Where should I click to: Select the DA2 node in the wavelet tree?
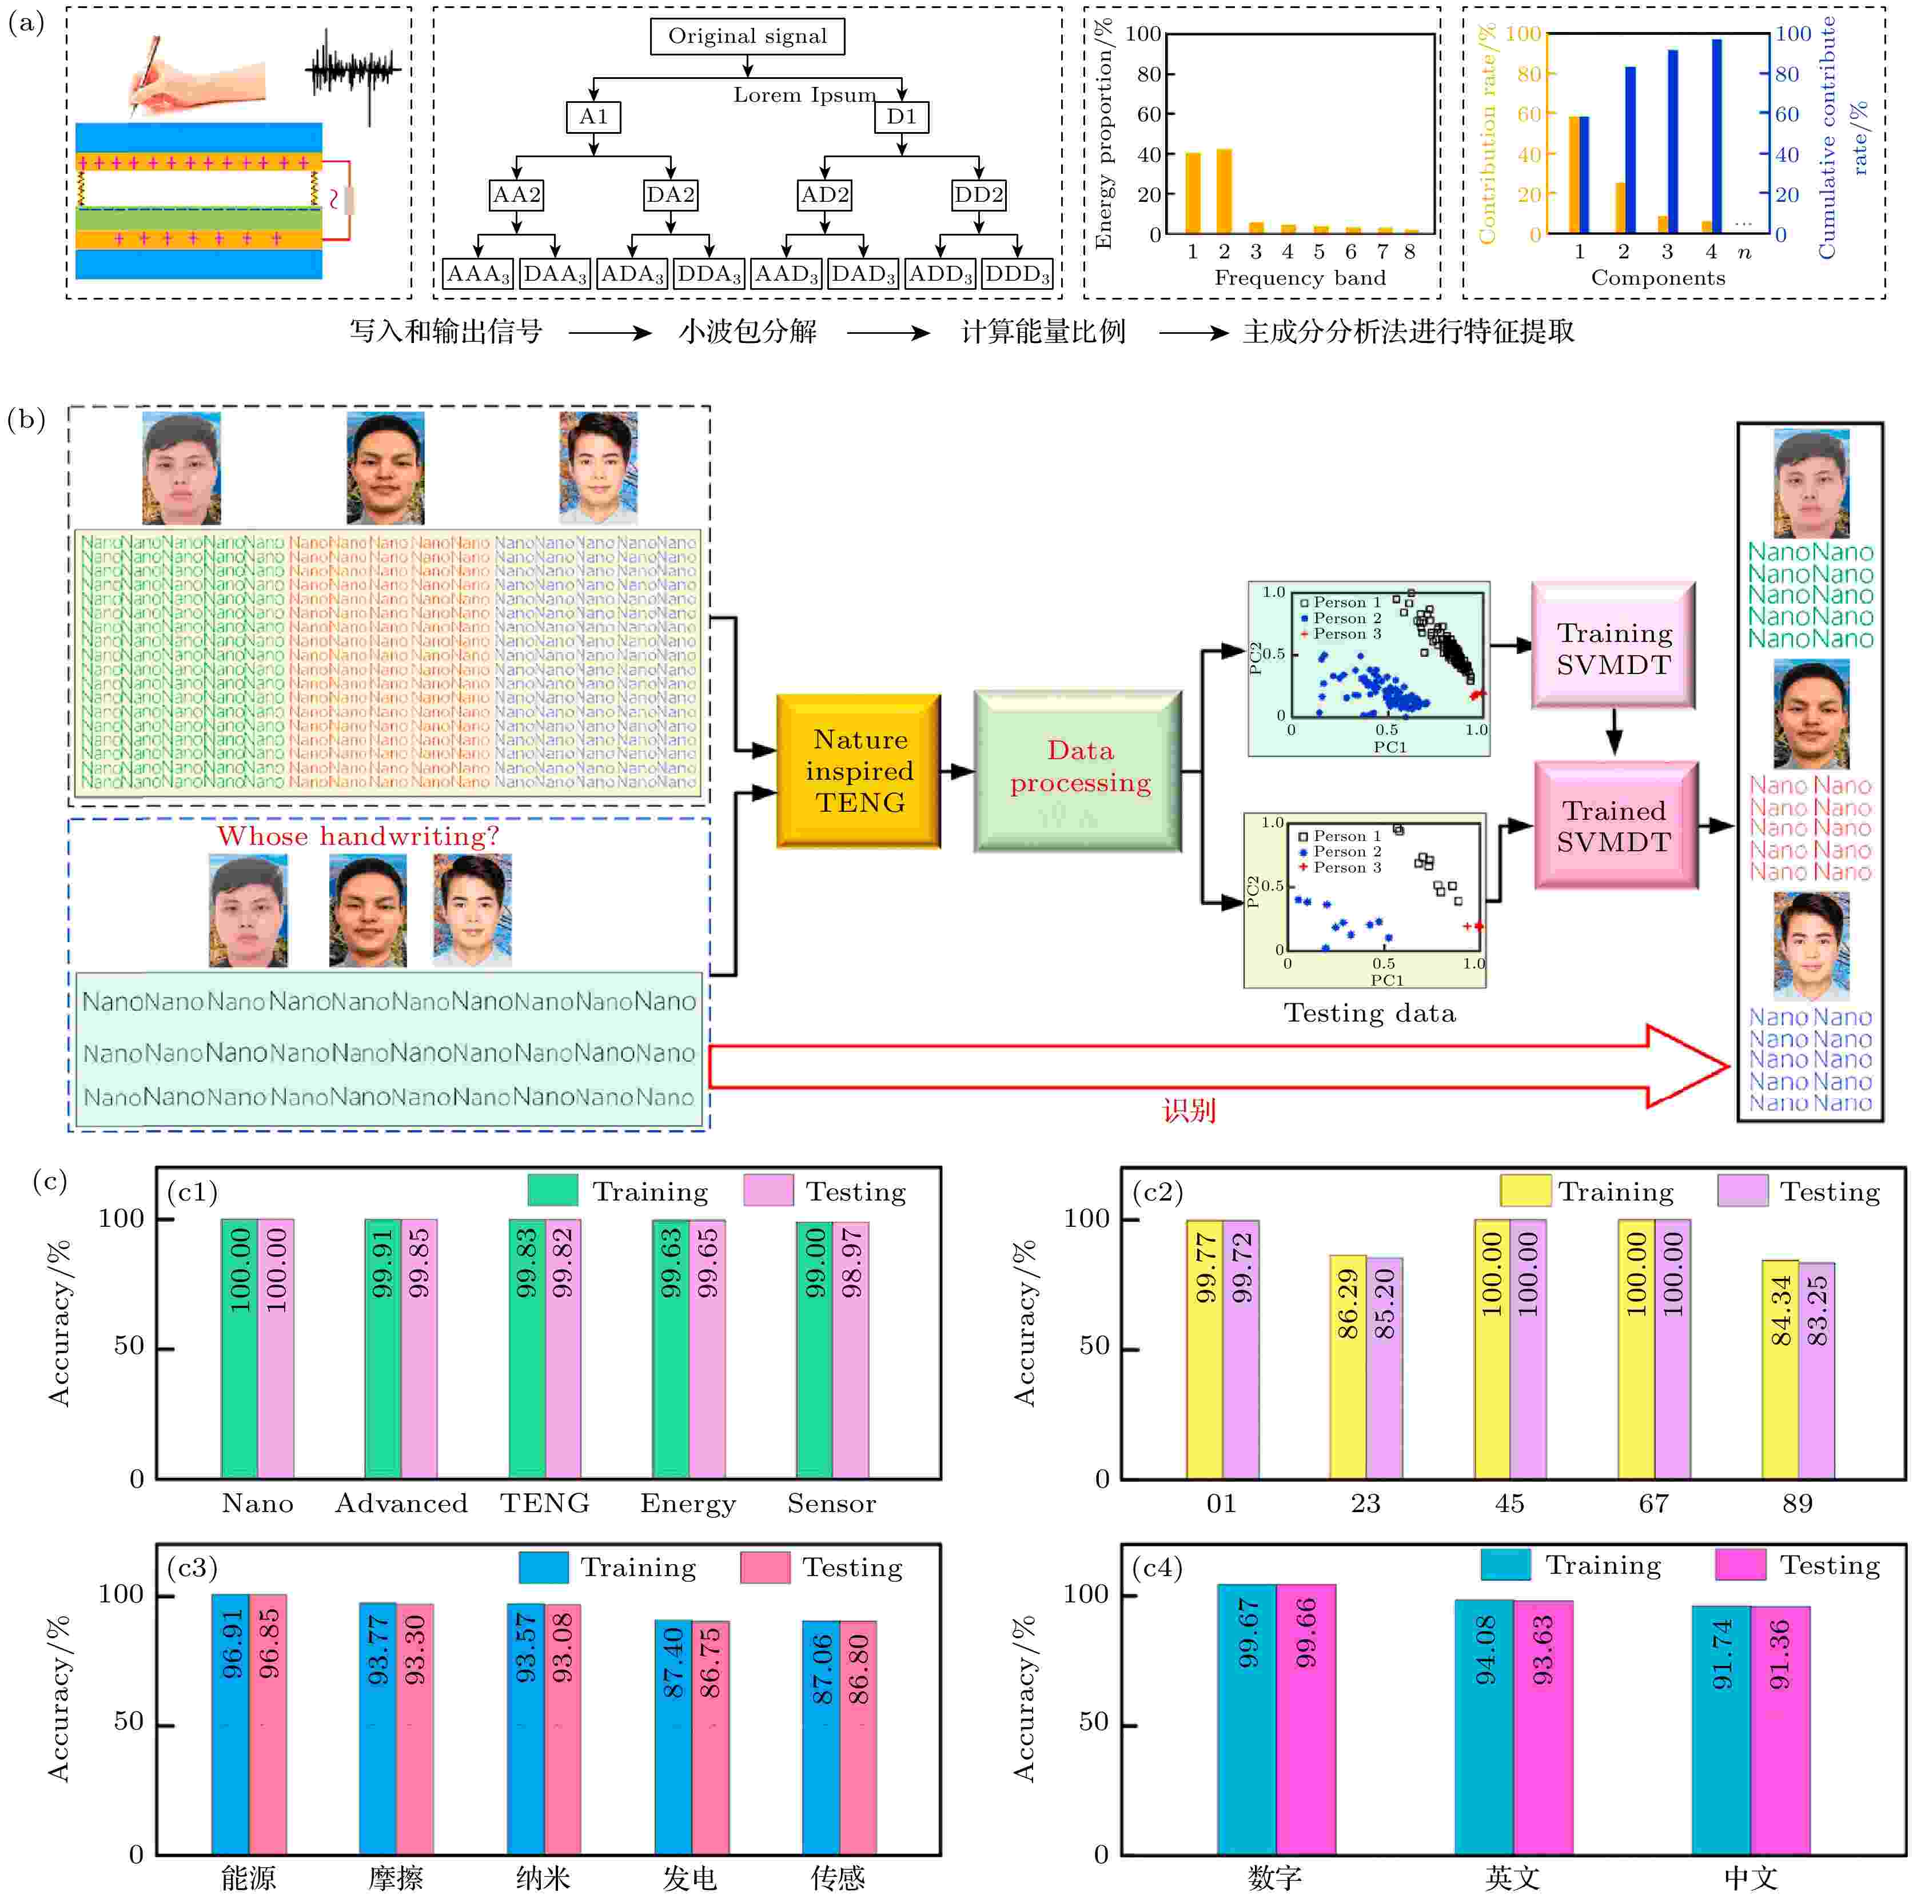click(x=670, y=195)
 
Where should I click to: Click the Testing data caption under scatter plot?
click(x=1369, y=1013)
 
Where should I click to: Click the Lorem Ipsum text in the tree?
click(x=804, y=95)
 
